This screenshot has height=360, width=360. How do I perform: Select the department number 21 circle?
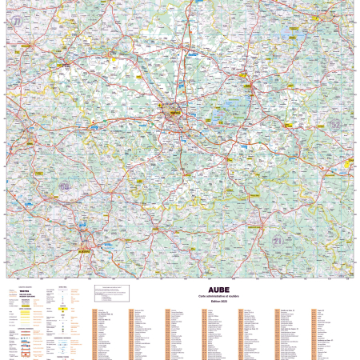click(276, 240)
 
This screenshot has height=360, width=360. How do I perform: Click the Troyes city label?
click(170, 113)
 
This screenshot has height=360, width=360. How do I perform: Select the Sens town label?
click(32, 128)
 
